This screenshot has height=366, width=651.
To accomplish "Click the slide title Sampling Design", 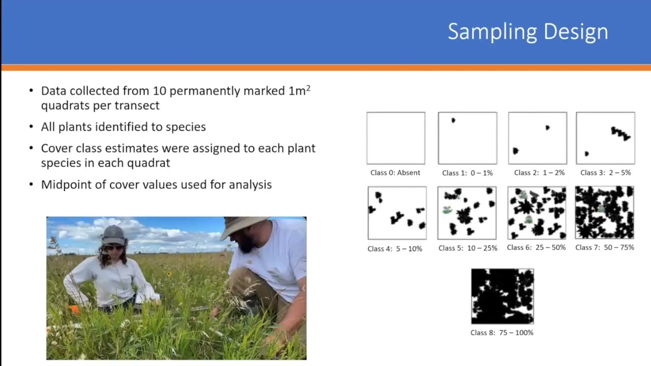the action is coord(528,32).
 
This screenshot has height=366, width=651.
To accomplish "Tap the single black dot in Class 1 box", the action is coord(453,120).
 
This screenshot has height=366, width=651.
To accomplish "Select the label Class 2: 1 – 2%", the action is coord(539,173).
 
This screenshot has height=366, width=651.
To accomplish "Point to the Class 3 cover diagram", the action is coord(605,138).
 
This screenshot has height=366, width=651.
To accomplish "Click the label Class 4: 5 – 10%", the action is coord(395,249).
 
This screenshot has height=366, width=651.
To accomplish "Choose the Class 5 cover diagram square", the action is coord(467,213).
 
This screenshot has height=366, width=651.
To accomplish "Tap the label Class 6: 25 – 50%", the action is coord(536,248).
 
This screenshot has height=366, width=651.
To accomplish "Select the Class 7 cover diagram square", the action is coord(605,212).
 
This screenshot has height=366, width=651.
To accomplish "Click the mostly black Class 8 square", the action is coord(502,296).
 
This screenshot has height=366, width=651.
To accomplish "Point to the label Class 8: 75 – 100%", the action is coord(502,333).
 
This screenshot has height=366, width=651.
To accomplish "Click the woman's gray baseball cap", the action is coord(113,235).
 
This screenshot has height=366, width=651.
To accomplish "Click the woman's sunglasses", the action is coord(114,247).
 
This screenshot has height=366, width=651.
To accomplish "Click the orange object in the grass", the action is coord(74,310).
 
